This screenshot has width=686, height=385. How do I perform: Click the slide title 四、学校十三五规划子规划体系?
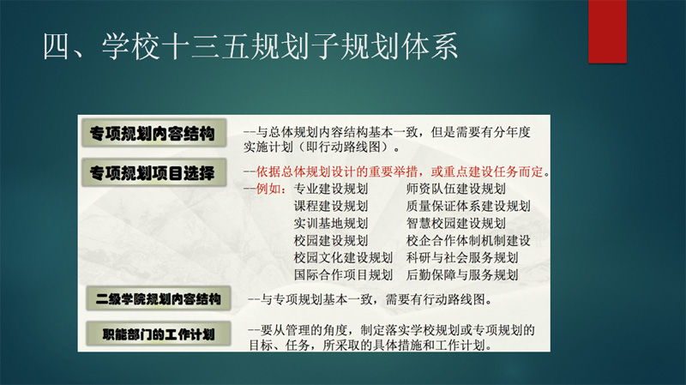click(250, 47)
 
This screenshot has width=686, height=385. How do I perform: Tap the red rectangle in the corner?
click(607, 31)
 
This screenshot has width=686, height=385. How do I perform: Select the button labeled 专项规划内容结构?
click(154, 133)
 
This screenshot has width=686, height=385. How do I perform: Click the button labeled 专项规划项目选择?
click(154, 173)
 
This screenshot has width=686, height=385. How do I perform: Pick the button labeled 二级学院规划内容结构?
click(159, 298)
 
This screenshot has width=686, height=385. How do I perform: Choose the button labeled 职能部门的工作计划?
click(159, 334)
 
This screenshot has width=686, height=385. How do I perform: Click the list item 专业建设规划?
click(331, 189)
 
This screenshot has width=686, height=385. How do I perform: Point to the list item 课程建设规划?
click(331, 206)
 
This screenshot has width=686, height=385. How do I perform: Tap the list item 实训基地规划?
click(331, 224)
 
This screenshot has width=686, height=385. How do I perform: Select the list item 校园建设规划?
click(331, 241)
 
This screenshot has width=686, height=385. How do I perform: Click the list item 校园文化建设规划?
click(343, 258)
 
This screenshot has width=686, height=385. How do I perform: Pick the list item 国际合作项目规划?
click(343, 274)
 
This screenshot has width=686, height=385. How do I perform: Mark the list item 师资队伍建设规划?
click(456, 189)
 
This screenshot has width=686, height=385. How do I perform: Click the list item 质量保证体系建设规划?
click(468, 206)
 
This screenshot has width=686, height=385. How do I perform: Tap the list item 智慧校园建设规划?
click(456, 224)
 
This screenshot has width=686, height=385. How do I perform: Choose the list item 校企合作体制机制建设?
click(468, 241)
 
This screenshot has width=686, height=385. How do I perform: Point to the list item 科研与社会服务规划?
click(462, 258)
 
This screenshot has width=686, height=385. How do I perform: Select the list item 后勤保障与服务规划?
click(462, 274)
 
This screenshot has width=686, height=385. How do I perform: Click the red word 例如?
click(268, 189)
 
